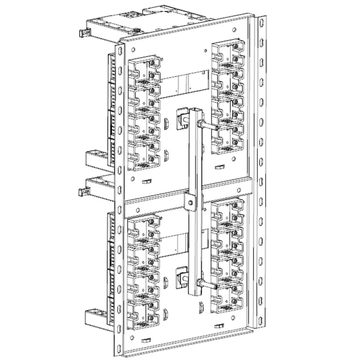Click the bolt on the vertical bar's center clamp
coord(192,203)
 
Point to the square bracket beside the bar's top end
coord(182,118)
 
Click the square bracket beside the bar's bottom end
coord(182,276)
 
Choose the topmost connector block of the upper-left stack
coord(144,70)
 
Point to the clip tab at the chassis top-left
coord(83,33)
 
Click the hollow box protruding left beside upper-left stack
coord(96,158)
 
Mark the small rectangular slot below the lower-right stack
coord(220,325)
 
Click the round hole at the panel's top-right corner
coord(234,30)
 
